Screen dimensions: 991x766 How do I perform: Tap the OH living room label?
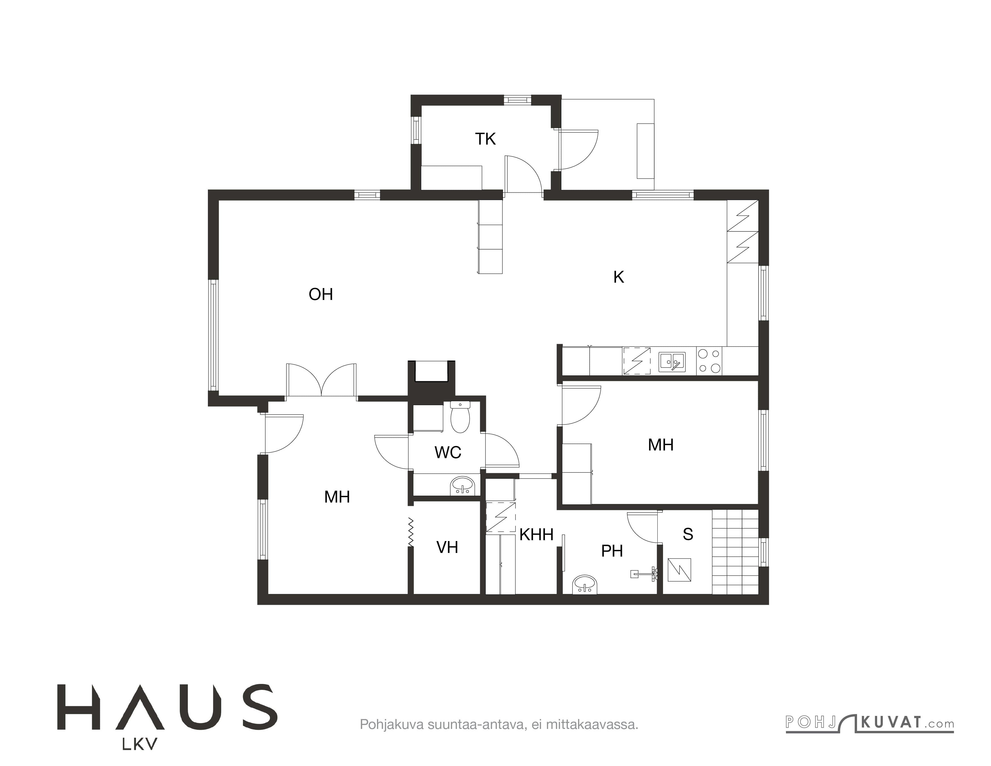tap(321, 295)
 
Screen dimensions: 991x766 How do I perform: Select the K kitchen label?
tap(619, 277)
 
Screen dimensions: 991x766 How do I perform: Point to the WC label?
tap(448, 452)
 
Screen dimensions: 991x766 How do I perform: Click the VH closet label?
tap(447, 548)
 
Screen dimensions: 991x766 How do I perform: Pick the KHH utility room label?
tap(536, 535)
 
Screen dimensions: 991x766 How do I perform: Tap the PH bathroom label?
tap(612, 551)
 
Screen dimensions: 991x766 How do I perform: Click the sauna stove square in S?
tap(679, 570)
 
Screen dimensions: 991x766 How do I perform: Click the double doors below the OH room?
tap(321, 381)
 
